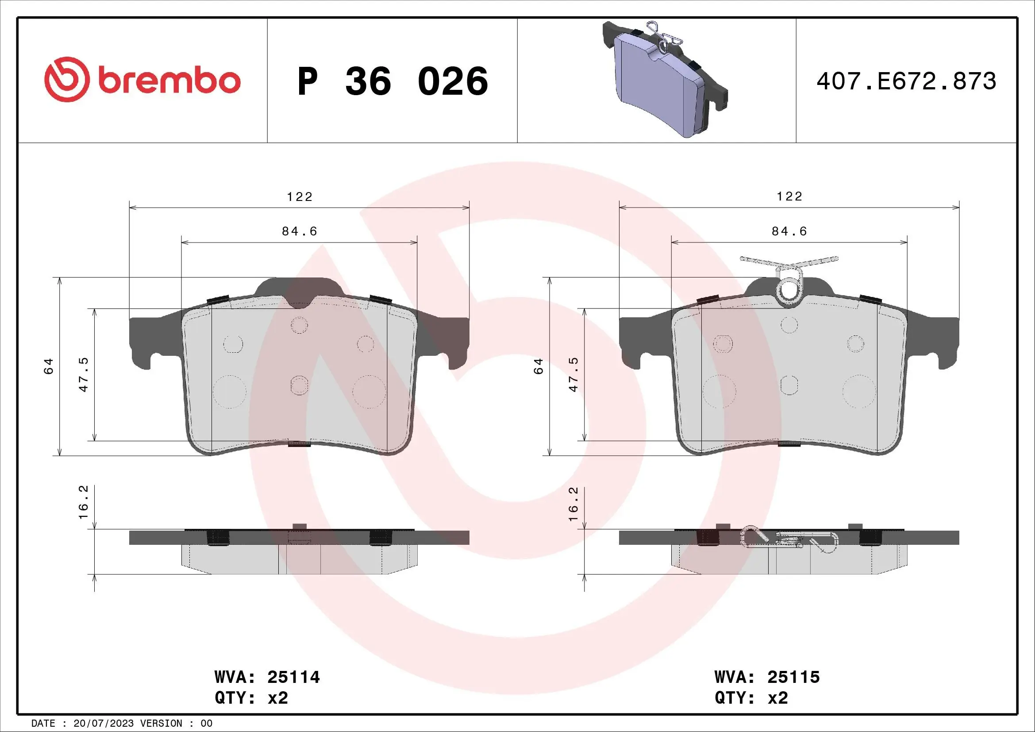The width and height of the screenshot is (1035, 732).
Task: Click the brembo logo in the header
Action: coord(142,80)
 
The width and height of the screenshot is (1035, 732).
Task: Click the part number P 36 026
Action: coord(392,81)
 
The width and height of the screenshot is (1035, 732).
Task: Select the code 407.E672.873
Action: coord(906,81)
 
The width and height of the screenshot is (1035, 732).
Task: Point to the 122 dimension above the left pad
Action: coord(300,197)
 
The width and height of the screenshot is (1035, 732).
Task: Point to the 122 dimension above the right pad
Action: coord(789,196)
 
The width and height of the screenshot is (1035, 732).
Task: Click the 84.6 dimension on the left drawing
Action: coord(299,231)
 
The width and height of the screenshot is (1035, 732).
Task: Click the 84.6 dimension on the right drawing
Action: coord(789,231)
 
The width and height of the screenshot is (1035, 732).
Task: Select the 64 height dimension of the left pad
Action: coord(48,366)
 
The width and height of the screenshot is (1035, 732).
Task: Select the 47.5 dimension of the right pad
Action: coord(573,374)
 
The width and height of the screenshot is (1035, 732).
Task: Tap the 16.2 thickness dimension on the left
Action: coord(83,502)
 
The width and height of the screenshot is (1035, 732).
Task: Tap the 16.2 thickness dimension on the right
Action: coord(573,505)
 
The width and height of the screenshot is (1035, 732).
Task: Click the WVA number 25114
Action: coord(293,677)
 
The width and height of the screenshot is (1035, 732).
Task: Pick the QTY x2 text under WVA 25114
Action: coord(251,698)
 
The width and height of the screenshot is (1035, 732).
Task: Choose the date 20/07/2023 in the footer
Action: coord(103,724)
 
